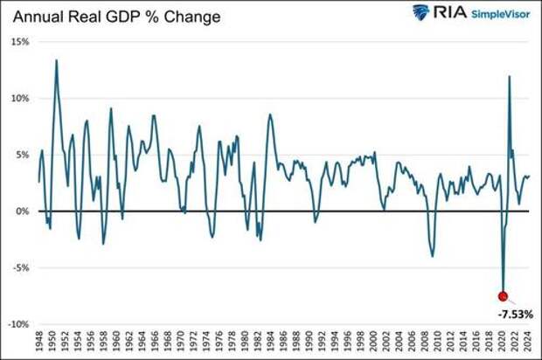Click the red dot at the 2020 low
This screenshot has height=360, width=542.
click(503, 296)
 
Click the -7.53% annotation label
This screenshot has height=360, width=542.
click(515, 313)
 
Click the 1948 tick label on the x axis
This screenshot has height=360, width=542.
click(39, 342)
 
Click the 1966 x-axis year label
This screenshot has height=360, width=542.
click(156, 342)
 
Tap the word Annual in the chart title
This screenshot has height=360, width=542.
click(36, 15)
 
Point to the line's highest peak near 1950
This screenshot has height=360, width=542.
click(56, 60)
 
